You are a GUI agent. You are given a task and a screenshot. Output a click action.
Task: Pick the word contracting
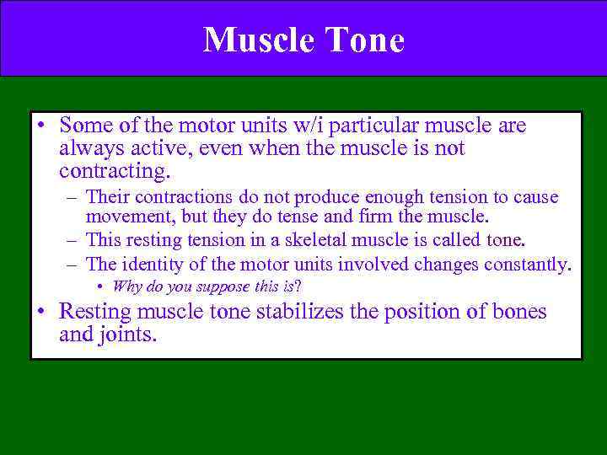click(114, 172)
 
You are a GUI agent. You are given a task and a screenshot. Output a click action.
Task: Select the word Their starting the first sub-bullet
click(106, 197)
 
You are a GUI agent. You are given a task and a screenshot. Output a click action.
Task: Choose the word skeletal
click(317, 240)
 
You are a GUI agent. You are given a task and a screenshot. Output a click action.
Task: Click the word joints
click(130, 335)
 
